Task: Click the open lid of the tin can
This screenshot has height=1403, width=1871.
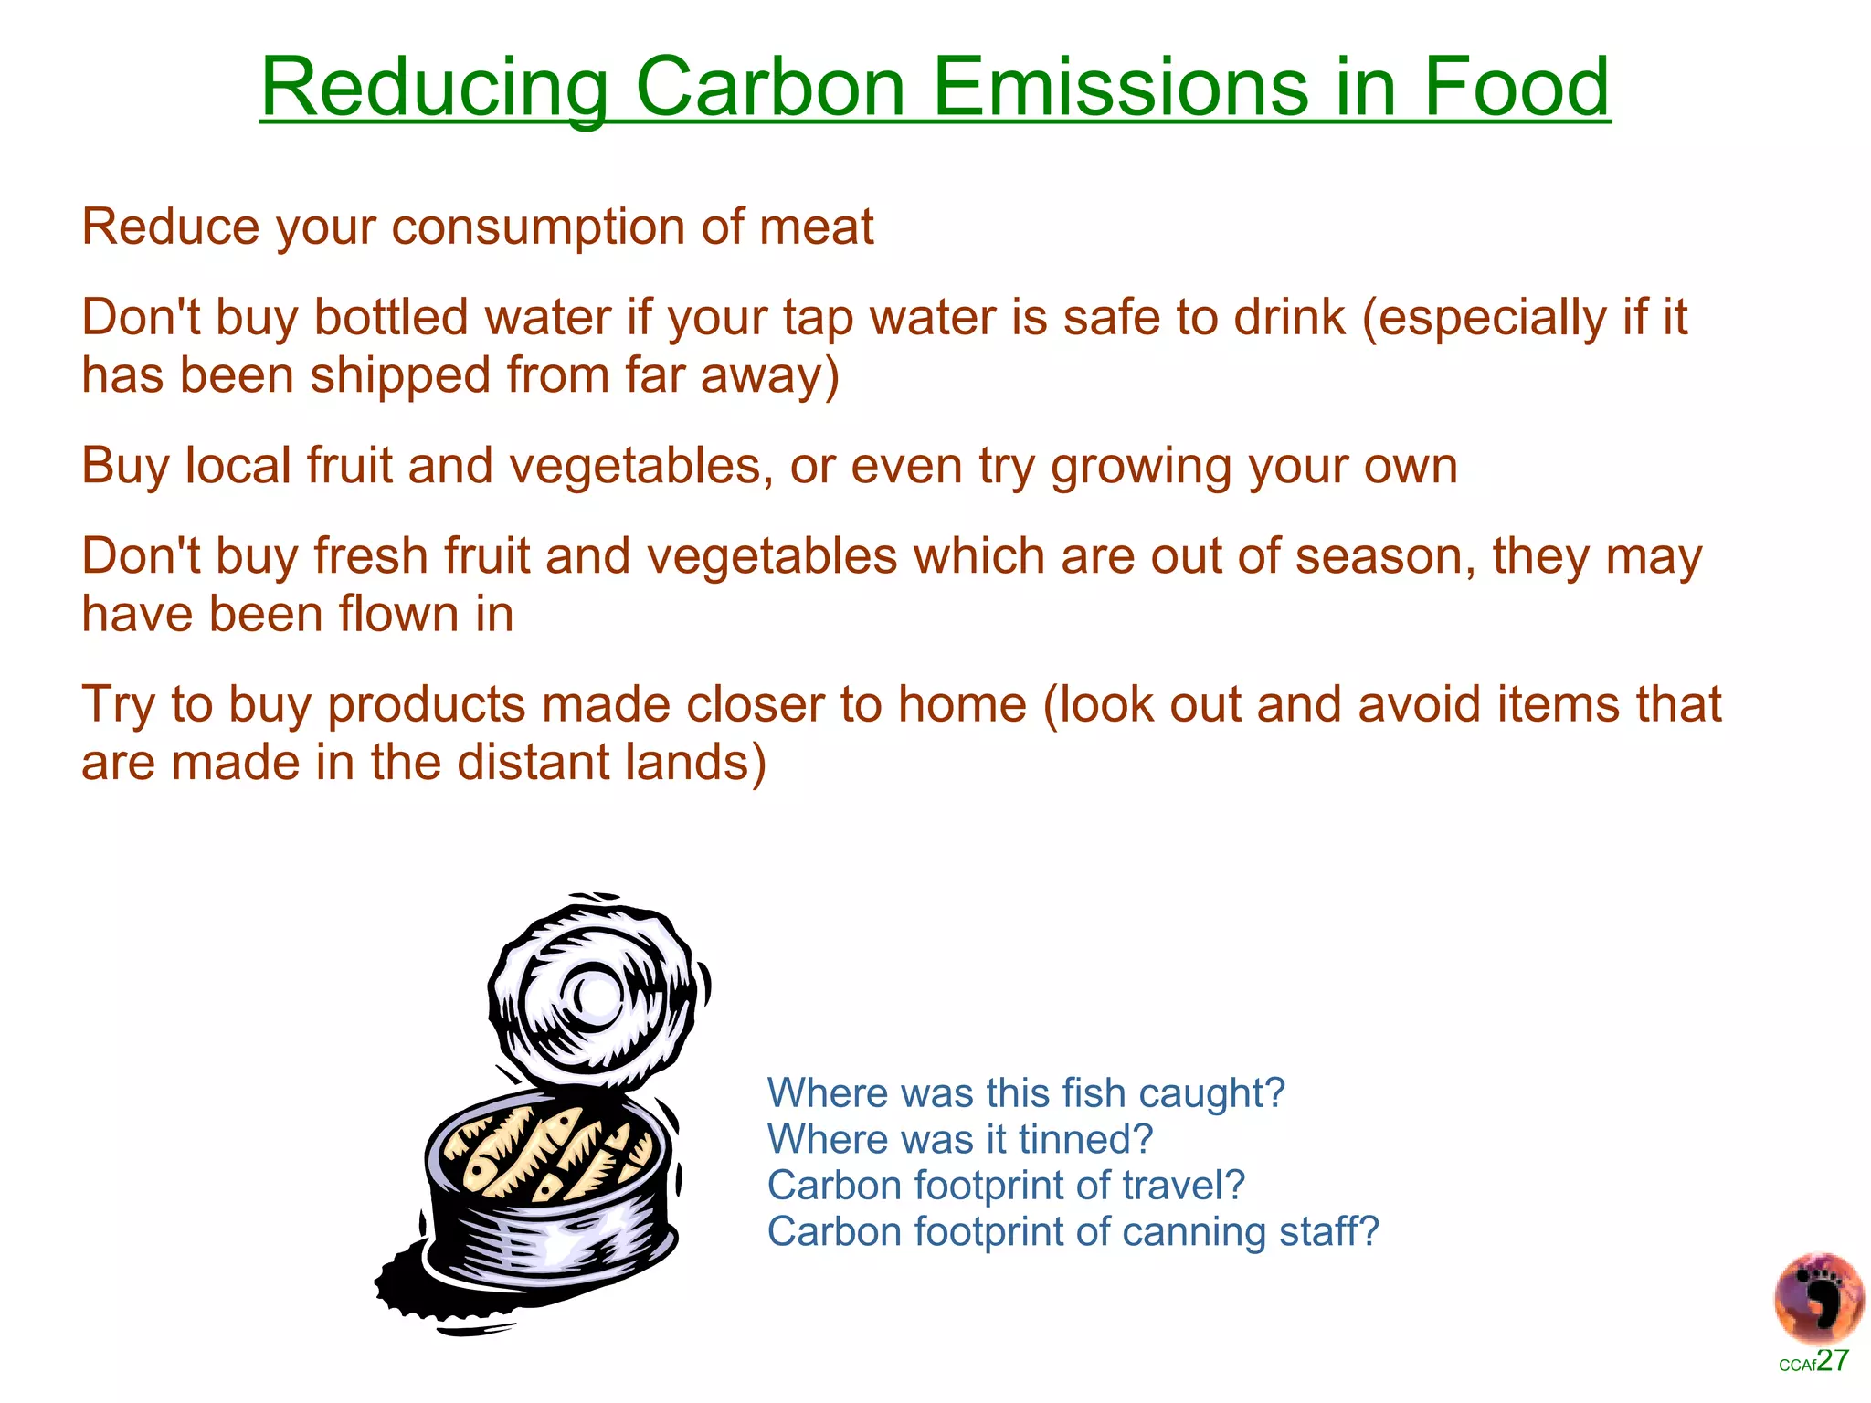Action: coord(594,991)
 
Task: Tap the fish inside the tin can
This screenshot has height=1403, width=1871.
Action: coord(548,1151)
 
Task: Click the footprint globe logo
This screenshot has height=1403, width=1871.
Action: coord(1818,1298)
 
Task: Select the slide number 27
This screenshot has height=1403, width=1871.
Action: coord(1833,1361)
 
